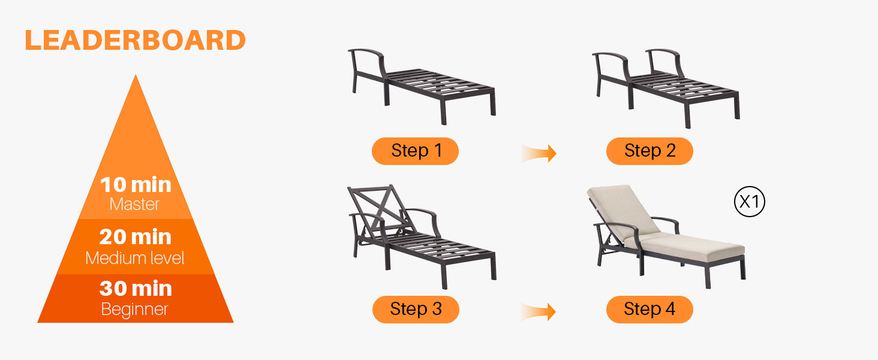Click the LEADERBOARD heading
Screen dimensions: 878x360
click(135, 40)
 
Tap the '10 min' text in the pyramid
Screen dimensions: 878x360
click(136, 185)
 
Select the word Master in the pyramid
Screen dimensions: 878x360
click(134, 205)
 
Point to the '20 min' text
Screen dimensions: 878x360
click(135, 237)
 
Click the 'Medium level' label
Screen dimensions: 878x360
click(135, 258)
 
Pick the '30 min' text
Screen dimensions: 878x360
click(136, 289)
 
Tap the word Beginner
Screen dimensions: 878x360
click(134, 310)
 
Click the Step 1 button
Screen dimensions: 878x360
click(415, 151)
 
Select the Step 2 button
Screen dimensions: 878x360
click(650, 151)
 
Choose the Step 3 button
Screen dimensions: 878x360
click(416, 310)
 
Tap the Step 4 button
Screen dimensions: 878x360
click(650, 310)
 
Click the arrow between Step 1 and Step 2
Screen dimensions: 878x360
click(539, 153)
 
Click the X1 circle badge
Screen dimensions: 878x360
click(750, 202)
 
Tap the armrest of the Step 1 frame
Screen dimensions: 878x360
click(366, 52)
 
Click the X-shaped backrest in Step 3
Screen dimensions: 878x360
click(380, 208)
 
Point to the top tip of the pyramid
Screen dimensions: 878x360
click(136, 74)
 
